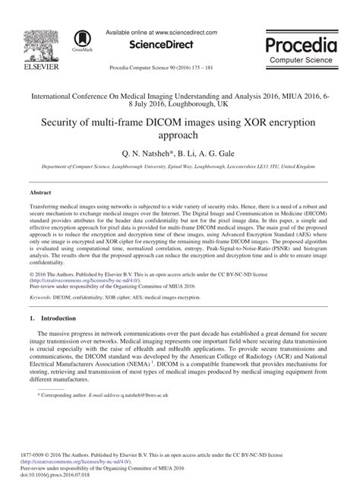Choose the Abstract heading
click(42, 194)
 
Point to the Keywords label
click(45, 299)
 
